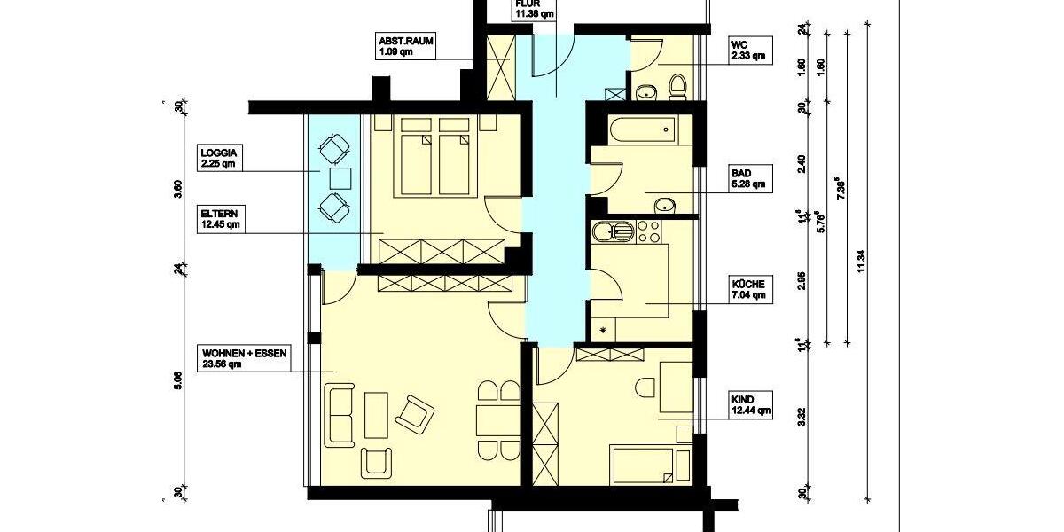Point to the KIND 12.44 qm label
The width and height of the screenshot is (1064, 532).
749,404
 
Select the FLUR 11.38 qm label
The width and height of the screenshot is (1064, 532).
536,9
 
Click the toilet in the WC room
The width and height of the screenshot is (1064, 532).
678,86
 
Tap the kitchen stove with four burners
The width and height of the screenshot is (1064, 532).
645,232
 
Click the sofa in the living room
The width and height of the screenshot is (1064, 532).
340,414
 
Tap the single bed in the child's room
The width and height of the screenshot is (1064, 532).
651,463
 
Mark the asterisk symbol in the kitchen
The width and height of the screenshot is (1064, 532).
604,331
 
